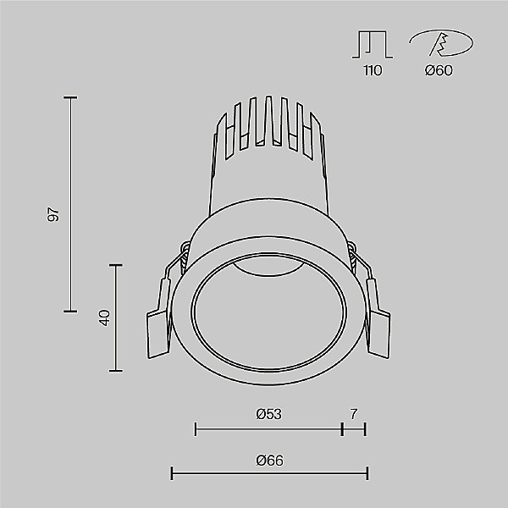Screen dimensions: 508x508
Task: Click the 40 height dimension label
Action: coord(104,318)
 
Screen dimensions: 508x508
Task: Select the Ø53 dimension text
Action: coord(268,414)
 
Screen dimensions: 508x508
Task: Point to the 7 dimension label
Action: coord(354,414)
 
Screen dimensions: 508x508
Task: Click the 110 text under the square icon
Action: coord(373,70)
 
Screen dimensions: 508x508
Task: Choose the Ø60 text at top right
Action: coord(439,70)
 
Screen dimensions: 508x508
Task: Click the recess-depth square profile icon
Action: coord(373,44)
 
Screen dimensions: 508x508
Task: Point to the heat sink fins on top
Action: coord(268,127)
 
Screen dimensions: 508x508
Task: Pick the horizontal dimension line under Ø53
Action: coord(268,429)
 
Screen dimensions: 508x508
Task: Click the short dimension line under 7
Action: coord(354,429)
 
